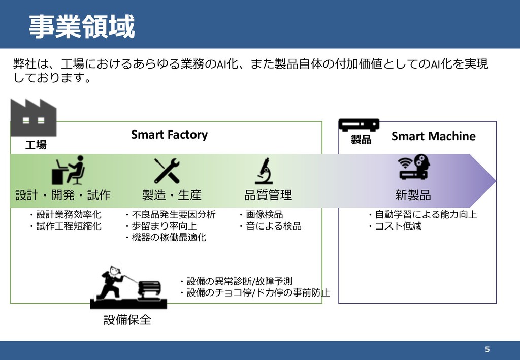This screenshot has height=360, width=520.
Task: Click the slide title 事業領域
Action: click(81, 26)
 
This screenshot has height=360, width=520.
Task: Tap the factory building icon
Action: click(33, 117)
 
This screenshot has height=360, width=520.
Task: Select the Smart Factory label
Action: click(169, 135)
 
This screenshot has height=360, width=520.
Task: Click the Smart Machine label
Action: click(433, 136)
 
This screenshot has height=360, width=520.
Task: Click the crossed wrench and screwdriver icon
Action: click(167, 170)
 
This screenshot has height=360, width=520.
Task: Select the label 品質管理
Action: click(268, 195)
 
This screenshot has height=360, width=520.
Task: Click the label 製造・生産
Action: click(172, 195)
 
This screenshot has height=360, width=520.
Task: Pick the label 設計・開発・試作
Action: click(63, 195)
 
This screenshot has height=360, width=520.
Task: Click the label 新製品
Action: click(413, 195)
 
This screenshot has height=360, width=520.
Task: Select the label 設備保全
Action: click(127, 320)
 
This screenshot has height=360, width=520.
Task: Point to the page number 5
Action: click(487, 349)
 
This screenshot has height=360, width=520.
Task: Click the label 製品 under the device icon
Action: click(361, 140)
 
